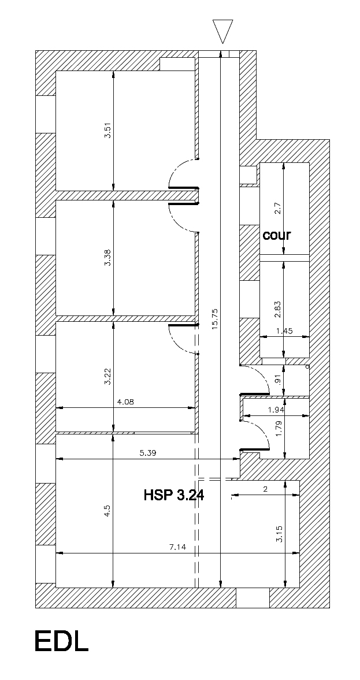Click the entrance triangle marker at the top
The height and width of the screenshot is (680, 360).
[223, 31]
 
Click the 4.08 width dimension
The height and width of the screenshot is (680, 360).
[126, 402]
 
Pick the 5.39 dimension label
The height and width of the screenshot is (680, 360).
[148, 453]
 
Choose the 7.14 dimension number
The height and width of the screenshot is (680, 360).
[177, 547]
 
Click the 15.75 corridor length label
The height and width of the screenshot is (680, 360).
[216, 319]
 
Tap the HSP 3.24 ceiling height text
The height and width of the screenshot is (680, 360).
[174, 495]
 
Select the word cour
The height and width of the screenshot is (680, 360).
[277, 236]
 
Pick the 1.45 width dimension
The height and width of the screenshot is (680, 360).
[285, 331]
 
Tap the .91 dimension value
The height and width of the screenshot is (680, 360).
[279, 380]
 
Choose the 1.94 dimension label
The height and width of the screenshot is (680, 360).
[276, 410]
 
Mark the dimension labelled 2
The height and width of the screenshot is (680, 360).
[265, 489]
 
